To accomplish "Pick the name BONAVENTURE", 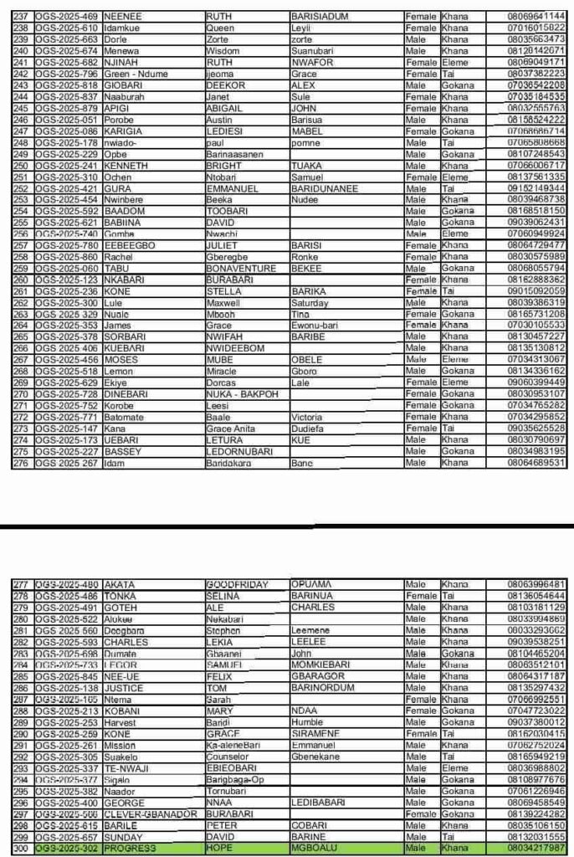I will (x=239, y=268).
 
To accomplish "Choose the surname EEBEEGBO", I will (x=130, y=244).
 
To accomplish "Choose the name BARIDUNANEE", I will (x=324, y=189).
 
